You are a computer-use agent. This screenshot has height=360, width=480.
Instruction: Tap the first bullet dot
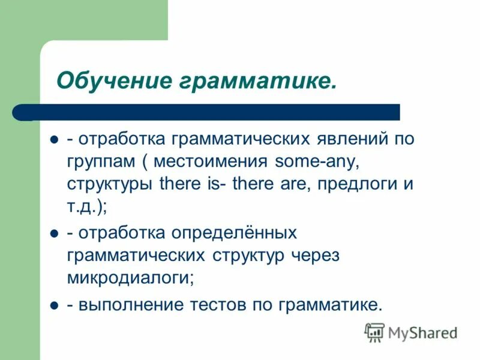53,139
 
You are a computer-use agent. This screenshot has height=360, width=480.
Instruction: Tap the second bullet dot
53,232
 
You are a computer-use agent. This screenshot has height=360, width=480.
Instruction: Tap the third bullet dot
53,305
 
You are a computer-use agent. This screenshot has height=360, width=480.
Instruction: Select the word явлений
353,139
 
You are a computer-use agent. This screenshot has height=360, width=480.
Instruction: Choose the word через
315,254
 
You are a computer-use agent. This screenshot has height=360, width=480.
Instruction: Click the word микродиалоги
130,277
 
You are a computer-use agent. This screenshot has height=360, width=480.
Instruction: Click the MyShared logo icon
374,332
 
